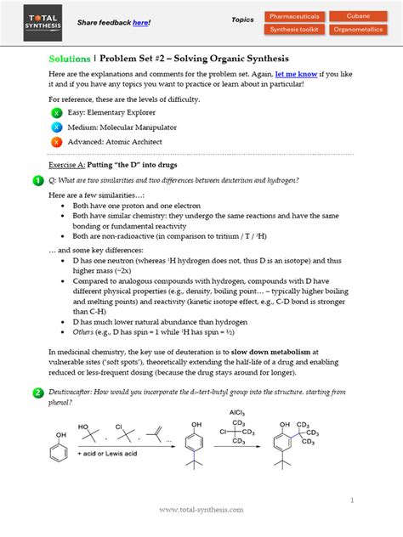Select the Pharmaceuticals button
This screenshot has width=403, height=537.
tap(296, 15)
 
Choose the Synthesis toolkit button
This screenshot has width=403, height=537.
tap(296, 30)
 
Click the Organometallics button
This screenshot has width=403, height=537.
tap(358, 30)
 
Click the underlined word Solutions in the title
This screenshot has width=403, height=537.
tap(70, 59)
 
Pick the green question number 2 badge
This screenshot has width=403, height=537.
tap(38, 393)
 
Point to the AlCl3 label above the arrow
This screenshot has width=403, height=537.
tap(236, 412)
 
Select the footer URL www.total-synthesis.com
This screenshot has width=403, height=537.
tap(201, 510)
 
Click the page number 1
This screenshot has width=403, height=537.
tap(351, 500)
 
